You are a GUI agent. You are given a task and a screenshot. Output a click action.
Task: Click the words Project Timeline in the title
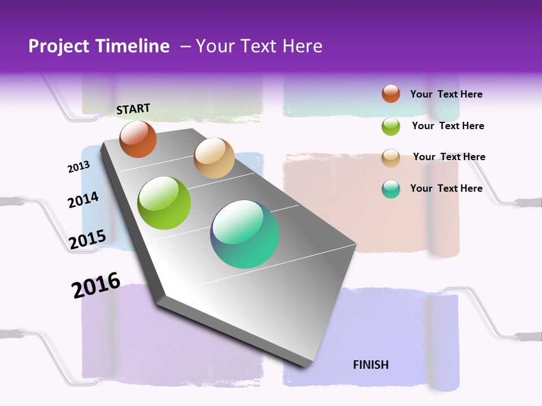pos(99,46)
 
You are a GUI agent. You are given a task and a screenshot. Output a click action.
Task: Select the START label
pos(133,109)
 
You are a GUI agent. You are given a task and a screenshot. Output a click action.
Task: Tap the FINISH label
pos(371,365)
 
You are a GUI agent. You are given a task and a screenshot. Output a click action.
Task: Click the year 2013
pos(78,167)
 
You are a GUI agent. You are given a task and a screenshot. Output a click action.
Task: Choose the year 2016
pos(96,285)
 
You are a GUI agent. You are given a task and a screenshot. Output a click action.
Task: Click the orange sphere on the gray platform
pos(138,139)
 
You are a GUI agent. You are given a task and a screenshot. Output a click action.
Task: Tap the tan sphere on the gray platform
pos(214,158)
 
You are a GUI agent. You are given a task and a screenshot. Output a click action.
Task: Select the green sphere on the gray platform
pos(164,203)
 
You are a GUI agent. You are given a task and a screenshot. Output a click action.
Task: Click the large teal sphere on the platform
pos(244,234)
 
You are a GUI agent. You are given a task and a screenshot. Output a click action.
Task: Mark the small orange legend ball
pos(391,94)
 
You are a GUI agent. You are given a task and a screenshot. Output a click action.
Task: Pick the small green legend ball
pos(391,126)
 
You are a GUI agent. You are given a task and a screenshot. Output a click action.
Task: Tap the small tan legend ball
pos(391,158)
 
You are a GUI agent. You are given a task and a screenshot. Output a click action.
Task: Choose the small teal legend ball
pos(391,189)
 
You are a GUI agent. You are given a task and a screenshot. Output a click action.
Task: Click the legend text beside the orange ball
pos(446,95)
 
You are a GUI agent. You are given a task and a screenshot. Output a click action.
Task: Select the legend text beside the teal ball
pos(446,188)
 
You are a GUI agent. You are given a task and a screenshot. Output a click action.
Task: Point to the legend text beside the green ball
pos(448,126)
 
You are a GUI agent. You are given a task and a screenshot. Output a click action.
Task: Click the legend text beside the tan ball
pos(449,157)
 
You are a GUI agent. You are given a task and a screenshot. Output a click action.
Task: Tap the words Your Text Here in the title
pos(259,46)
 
